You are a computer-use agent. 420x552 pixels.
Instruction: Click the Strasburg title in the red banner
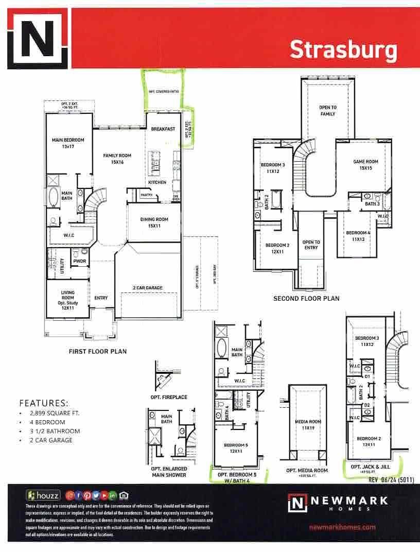pos(343,50)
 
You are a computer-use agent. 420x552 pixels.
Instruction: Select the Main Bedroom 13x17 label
pos(67,143)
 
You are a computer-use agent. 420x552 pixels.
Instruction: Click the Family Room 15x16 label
pos(117,159)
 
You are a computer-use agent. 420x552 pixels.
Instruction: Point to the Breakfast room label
pos(164,129)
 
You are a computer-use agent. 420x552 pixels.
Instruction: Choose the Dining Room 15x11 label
pos(154,222)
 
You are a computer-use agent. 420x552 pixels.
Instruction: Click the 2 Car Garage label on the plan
pos(147,287)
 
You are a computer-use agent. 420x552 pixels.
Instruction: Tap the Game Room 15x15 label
pos(365,165)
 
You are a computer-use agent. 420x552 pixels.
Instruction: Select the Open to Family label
pos(327,111)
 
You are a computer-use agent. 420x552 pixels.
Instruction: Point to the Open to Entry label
pos(311,245)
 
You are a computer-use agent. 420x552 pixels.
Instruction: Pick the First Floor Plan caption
pos(98,352)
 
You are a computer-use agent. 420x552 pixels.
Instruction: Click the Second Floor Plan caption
pos(306,299)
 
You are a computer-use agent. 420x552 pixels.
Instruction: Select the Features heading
pos(44,403)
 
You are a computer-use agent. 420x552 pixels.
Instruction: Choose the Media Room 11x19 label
pos(308,424)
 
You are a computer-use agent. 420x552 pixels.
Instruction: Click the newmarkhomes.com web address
pos(342,527)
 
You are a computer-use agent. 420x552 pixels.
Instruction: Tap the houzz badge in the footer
pos(43,495)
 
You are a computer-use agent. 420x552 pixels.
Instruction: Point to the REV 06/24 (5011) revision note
pos(391,479)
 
